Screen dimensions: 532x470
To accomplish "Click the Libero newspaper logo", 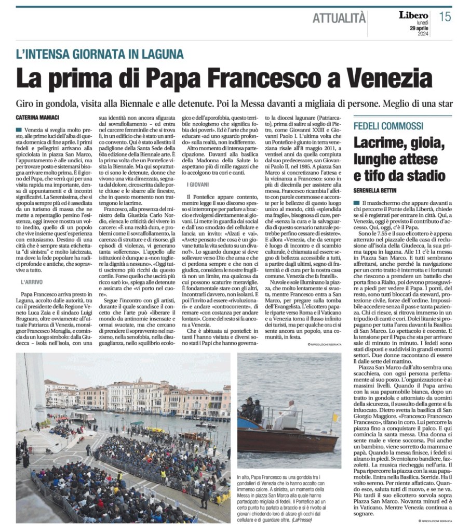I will click(x=413, y=15).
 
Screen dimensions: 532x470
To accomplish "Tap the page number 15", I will click(x=445, y=17).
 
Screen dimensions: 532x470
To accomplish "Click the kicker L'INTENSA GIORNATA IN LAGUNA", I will click(x=99, y=54).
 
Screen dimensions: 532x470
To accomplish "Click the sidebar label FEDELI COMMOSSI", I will click(x=388, y=126).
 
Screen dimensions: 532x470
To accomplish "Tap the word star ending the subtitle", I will click(x=444, y=102).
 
